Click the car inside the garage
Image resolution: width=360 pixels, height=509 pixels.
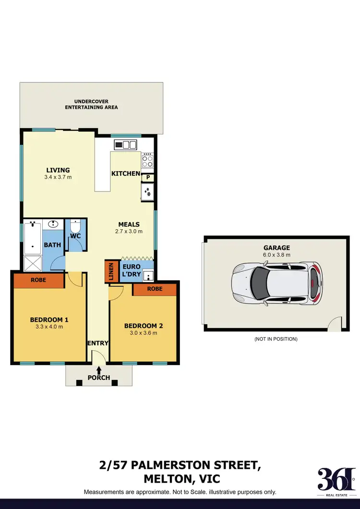[x=276, y=283]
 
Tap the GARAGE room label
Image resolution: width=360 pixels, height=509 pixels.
[x=276, y=248]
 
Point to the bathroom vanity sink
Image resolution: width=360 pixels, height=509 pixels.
[x=53, y=224]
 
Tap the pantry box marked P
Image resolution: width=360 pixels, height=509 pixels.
[x=148, y=178]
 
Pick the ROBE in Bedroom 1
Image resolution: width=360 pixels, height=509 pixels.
[x=38, y=280]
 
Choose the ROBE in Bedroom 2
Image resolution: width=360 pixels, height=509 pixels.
[x=155, y=289]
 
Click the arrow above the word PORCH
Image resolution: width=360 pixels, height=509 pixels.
[x=99, y=370]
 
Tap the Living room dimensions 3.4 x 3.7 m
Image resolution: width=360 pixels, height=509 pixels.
[x=58, y=177]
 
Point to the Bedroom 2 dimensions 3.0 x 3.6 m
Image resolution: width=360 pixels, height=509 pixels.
[x=144, y=333]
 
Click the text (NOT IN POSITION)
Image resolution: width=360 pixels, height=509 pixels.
[x=276, y=339]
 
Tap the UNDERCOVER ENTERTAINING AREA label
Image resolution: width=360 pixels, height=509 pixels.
[x=91, y=104]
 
